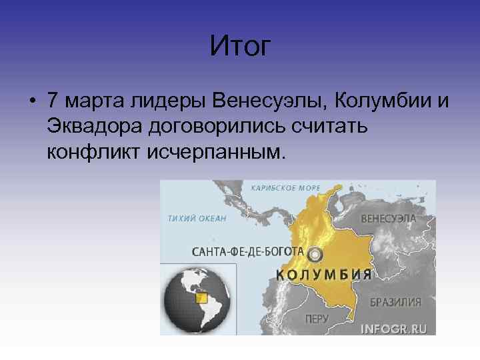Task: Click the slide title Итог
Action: (240, 47)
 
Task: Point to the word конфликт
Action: (95, 153)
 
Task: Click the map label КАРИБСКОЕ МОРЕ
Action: (285, 188)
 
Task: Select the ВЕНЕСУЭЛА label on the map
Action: (389, 219)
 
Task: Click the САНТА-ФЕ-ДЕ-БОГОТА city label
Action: (247, 252)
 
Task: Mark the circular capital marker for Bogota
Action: (315, 254)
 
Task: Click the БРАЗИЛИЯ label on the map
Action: (395, 302)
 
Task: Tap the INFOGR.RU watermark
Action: (393, 329)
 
